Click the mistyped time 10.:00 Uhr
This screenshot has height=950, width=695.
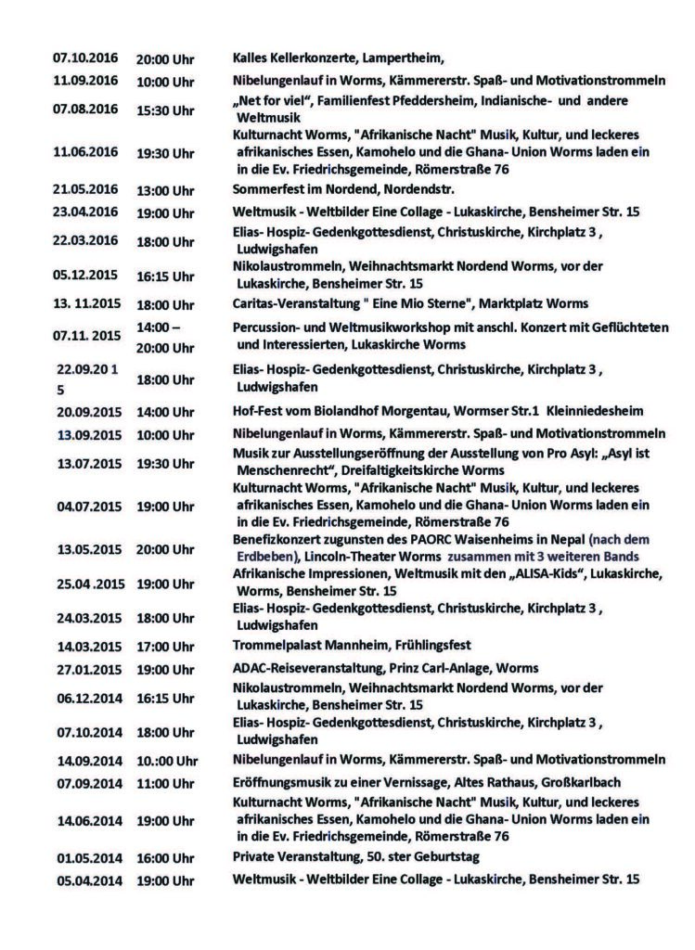pos(168,759)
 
